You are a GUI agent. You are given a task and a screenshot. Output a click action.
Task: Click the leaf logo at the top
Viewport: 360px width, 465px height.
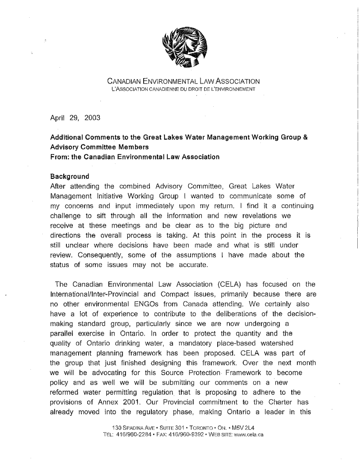[184, 48]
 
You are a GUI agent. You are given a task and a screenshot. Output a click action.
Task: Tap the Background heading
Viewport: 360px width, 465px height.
[70, 176]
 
